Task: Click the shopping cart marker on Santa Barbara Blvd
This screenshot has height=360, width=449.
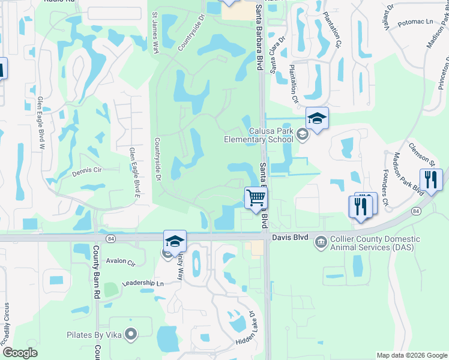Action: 256,197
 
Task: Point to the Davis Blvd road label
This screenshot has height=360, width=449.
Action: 289,238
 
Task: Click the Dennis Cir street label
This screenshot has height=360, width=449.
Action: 88,170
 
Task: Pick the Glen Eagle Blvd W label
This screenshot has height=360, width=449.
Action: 41,122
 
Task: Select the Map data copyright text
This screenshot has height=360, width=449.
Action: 412,355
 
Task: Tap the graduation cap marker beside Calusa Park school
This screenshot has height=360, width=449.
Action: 317,118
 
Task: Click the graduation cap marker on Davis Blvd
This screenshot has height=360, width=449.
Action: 175,241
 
